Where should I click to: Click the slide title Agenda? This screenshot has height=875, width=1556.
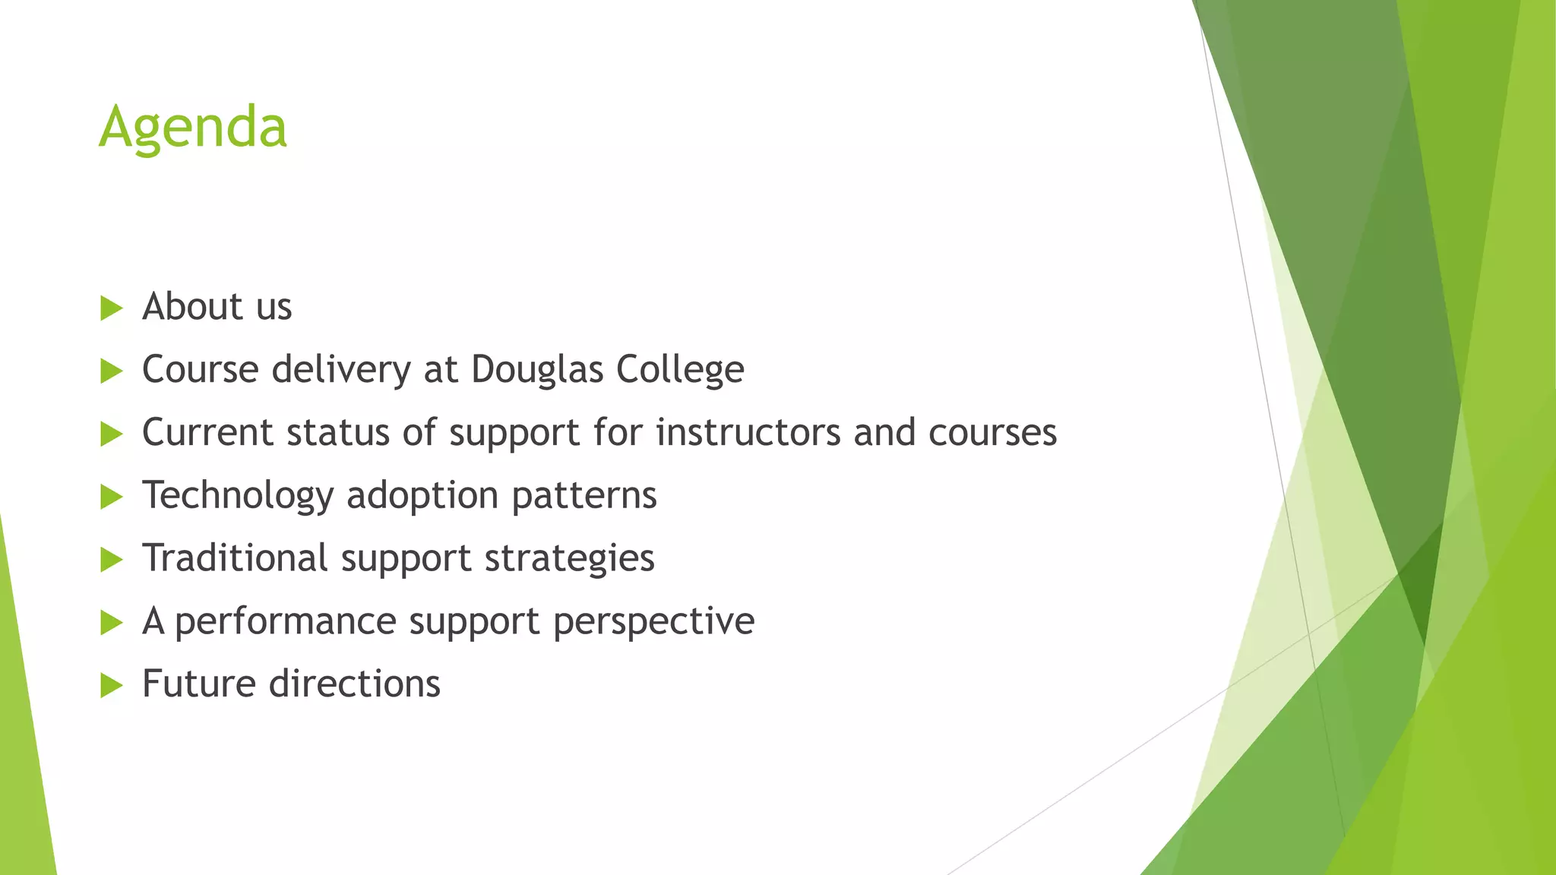pyautogui.click(x=193, y=128)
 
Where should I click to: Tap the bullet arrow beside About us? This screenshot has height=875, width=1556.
pyautogui.click(x=111, y=308)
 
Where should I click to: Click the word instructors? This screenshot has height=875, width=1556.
pyautogui.click(x=748, y=433)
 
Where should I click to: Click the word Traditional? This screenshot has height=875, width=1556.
pyautogui.click(x=235, y=558)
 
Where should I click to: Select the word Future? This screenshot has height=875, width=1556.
pyautogui.click(x=199, y=684)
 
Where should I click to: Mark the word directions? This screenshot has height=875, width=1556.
pyautogui.click(x=355, y=684)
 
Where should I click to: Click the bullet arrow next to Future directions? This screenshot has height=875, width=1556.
pyautogui.click(x=111, y=686)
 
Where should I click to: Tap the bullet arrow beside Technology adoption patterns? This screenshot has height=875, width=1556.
pyautogui.click(x=111, y=498)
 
